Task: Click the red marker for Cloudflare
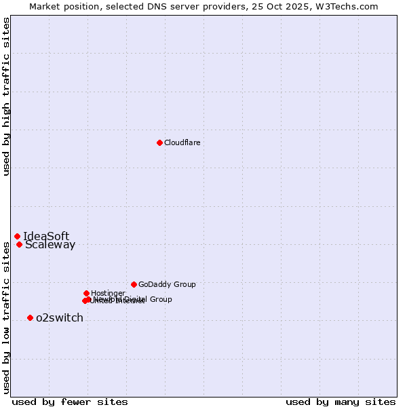point(159,142)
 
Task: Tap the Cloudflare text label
point(182,142)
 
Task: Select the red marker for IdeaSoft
point(17,236)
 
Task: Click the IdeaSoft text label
point(46,236)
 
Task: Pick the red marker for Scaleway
point(19,244)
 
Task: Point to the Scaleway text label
point(50,245)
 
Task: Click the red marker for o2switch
point(30,317)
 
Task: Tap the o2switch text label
point(60,317)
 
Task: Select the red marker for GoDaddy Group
point(134,284)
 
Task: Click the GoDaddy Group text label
point(167,284)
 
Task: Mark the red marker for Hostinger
point(86,293)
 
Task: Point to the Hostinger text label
point(108,293)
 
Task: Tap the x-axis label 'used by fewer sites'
point(70,402)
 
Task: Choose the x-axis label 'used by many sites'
point(341,402)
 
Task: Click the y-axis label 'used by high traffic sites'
point(6,97)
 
